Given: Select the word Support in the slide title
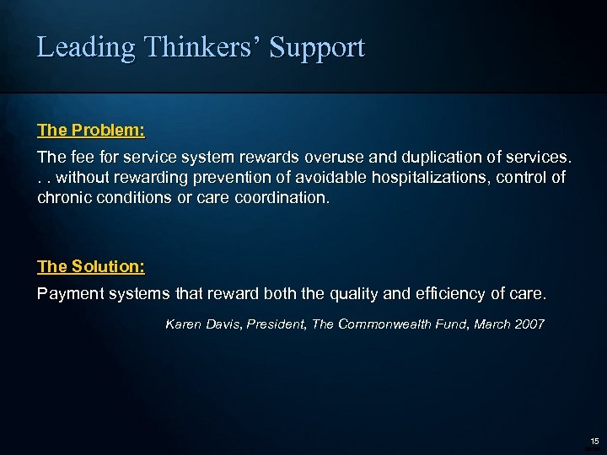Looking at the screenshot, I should click(x=317, y=48).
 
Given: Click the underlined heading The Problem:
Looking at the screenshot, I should click(x=91, y=131).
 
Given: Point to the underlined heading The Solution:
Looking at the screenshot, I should click(x=91, y=267).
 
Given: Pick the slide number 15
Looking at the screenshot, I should click(x=594, y=441).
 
